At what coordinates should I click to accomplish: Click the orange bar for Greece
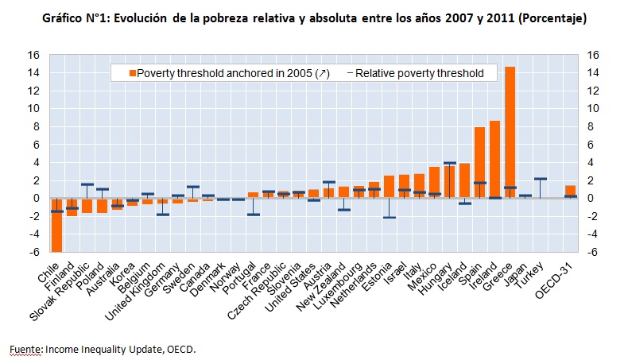(x=510, y=132)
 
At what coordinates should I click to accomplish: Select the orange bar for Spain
(x=479, y=162)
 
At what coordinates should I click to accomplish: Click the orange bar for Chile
(x=56, y=224)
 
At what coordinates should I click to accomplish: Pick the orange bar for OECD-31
(x=570, y=192)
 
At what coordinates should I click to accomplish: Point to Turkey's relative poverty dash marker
(x=541, y=179)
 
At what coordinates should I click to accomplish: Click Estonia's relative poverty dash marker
(x=389, y=217)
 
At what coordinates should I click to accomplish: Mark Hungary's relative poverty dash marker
(x=449, y=163)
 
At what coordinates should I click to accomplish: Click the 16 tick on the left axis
(x=34, y=55)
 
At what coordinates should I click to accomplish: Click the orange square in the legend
(x=132, y=73)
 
